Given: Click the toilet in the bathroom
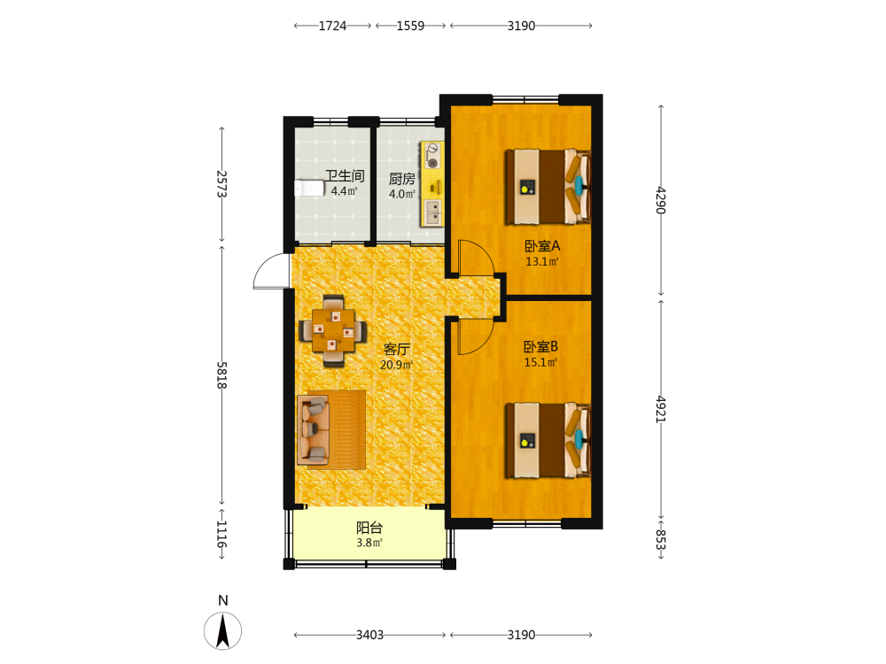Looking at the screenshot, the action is (x=309, y=188).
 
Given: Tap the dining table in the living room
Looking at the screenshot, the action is (x=333, y=330).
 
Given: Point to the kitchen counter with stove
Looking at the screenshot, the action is (x=432, y=185).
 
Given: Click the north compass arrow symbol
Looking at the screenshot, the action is (x=222, y=630).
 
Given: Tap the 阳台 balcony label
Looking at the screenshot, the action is (x=369, y=528).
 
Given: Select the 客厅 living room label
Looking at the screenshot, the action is (x=397, y=349).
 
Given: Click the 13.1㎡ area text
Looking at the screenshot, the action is (x=542, y=261).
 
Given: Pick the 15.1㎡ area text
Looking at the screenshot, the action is (x=540, y=362).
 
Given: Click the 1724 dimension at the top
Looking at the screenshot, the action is (x=332, y=26).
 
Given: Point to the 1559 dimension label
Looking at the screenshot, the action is (x=410, y=26).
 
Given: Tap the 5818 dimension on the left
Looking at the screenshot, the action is (x=221, y=374).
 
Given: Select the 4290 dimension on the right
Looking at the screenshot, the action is (x=661, y=200).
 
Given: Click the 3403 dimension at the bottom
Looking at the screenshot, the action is (x=369, y=635).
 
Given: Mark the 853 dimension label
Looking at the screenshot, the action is (x=661, y=539).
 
